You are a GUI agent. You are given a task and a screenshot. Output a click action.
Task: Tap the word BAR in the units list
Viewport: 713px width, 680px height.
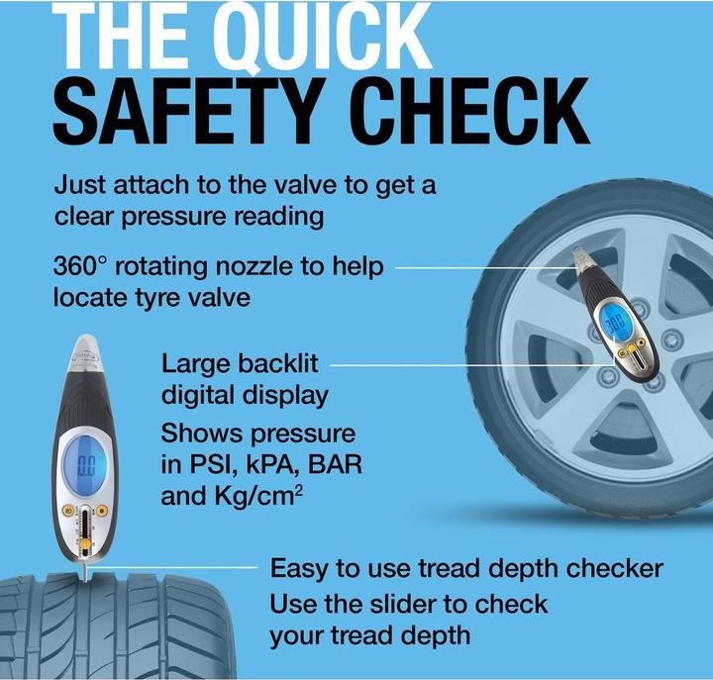click(335, 464)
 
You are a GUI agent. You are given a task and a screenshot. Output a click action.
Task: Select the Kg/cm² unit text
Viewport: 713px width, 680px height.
click(257, 496)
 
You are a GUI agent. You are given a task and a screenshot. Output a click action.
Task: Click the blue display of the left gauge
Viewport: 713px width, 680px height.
click(84, 461)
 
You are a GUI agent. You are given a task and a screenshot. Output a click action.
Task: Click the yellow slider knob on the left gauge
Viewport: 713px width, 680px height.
click(84, 544)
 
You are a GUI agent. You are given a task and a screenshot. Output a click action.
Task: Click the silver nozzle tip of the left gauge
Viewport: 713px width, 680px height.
click(86, 351)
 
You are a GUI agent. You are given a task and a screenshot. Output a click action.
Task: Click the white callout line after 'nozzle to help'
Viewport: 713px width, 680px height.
click(485, 267)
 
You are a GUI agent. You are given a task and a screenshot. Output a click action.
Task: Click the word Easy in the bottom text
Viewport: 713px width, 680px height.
click(299, 569)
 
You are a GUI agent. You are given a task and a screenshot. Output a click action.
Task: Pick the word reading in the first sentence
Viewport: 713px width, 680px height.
click(278, 217)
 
